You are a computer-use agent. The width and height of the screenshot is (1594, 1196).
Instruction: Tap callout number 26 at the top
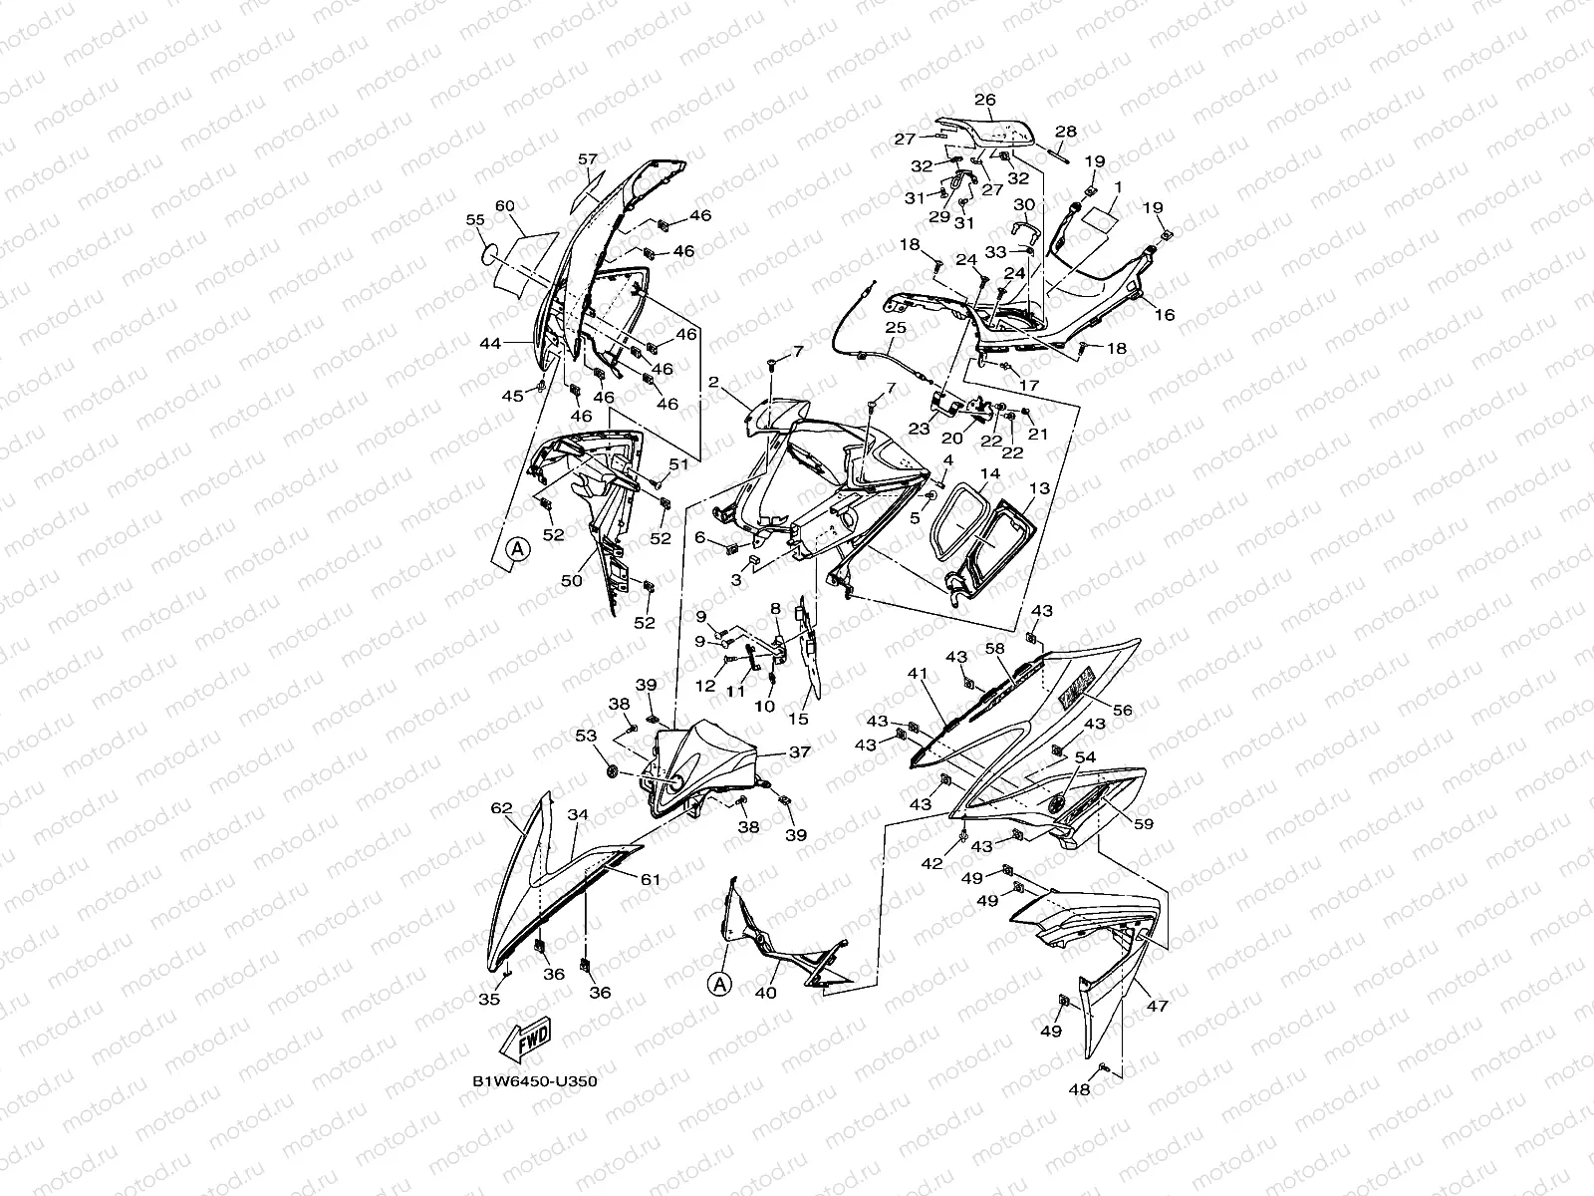(x=984, y=100)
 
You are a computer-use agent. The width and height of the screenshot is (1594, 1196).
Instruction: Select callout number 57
(x=587, y=159)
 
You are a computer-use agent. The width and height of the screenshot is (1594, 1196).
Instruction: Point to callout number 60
(x=504, y=205)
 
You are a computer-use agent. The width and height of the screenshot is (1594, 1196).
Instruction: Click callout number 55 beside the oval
(x=475, y=219)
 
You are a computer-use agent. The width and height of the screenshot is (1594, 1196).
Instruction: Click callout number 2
(x=713, y=383)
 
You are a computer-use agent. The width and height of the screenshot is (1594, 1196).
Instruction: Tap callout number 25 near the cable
(x=894, y=327)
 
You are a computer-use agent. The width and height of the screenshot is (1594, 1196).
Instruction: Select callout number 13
(x=1039, y=488)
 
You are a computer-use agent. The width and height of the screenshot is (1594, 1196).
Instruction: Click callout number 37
(x=799, y=752)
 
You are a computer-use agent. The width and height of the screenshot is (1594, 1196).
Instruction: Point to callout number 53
(x=586, y=736)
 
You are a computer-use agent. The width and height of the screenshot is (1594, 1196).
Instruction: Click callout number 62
(x=501, y=809)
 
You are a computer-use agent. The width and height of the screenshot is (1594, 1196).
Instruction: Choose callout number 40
(x=765, y=993)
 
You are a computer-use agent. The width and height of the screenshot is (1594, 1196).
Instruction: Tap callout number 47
(x=1157, y=1007)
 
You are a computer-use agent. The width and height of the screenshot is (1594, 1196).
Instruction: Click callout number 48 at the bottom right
(x=1080, y=1089)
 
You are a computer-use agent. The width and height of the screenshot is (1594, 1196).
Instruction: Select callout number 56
(x=1123, y=710)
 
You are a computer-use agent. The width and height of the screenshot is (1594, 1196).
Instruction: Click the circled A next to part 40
(x=720, y=984)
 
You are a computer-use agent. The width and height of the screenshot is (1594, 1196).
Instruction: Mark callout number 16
(x=1164, y=315)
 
